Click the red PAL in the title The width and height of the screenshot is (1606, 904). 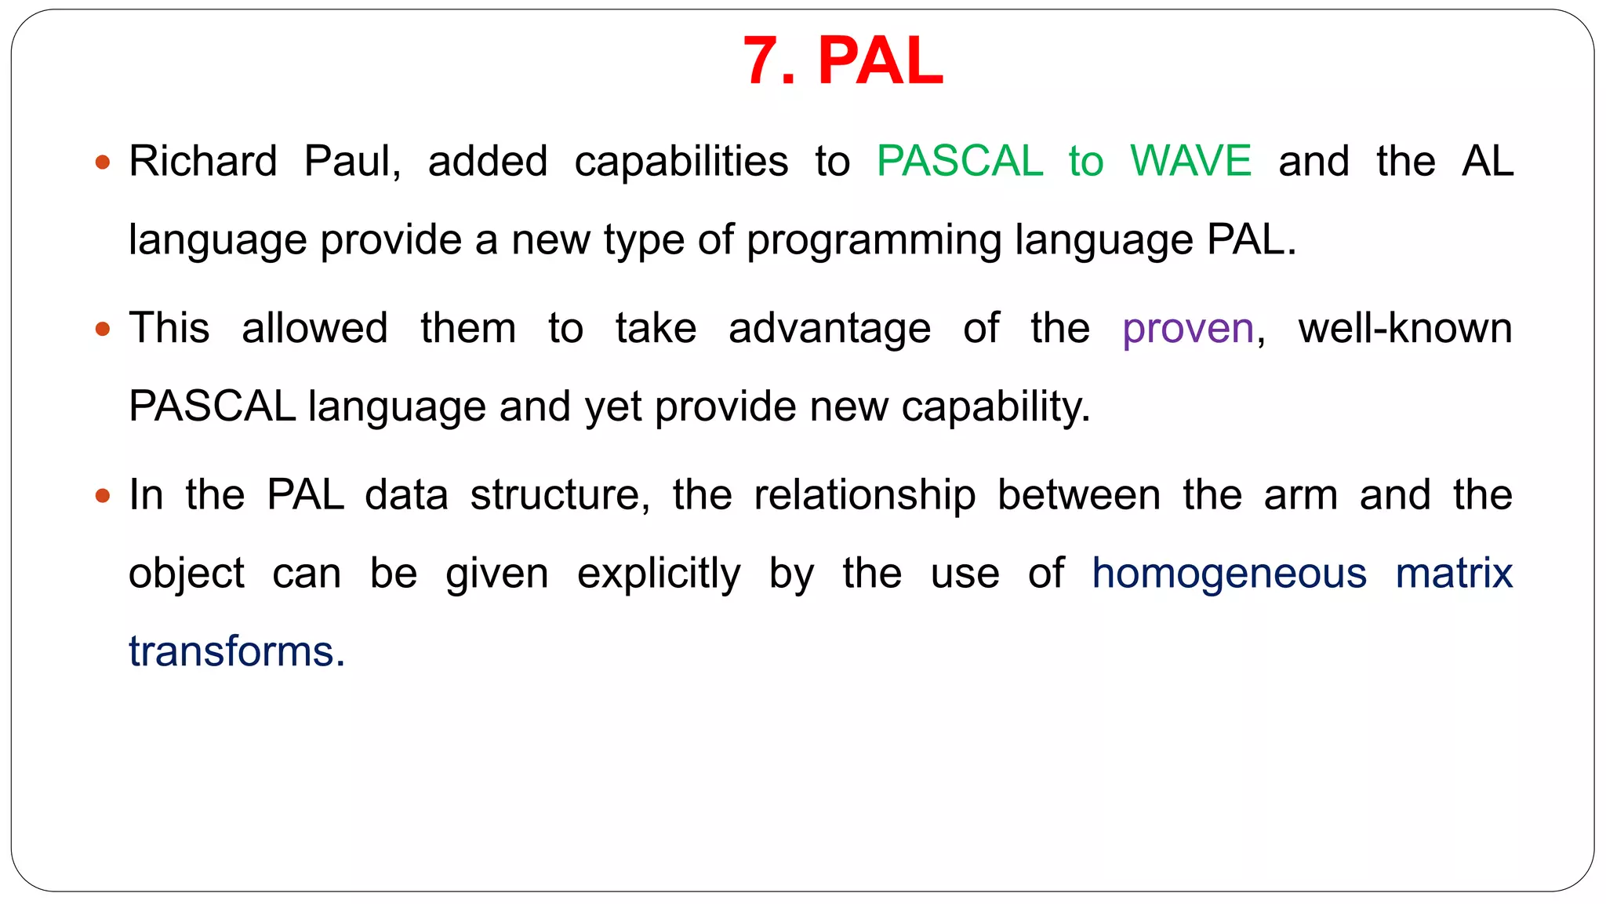point(880,61)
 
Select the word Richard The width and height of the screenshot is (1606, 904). point(203,162)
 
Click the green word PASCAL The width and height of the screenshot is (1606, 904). point(959,162)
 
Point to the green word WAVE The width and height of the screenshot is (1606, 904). point(1190,162)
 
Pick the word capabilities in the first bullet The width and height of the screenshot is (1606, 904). point(681,162)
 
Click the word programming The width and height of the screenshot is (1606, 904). point(874,241)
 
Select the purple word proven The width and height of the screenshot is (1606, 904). point(1188,329)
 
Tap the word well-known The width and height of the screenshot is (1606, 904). point(1405,328)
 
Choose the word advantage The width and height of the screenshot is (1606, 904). point(830,329)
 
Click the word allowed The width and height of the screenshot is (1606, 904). point(314,328)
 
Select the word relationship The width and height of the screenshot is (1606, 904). point(864,496)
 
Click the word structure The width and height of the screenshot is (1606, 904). point(560,496)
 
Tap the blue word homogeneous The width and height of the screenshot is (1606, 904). point(1229,574)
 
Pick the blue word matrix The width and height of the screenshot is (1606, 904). point(1454,574)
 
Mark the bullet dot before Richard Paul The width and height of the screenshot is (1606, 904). point(102,163)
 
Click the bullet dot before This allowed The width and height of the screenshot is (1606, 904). point(102,330)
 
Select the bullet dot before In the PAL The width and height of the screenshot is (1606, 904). point(102,496)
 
